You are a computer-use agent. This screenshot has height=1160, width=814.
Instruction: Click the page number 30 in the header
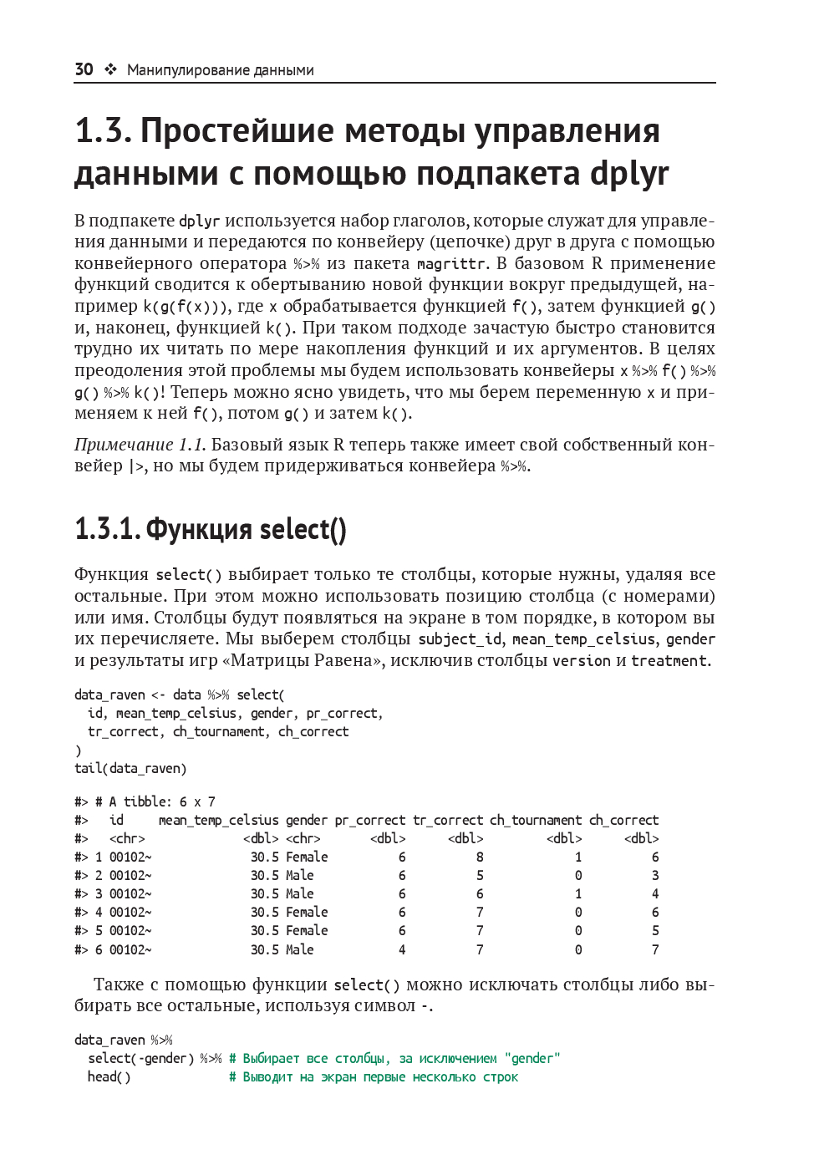point(84,69)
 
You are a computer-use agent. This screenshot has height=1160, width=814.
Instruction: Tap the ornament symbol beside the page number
point(110,69)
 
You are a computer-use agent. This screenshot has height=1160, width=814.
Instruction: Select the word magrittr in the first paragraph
point(451,264)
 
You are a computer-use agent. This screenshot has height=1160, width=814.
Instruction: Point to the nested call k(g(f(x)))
point(182,307)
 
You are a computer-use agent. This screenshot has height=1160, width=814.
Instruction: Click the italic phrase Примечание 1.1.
point(140,445)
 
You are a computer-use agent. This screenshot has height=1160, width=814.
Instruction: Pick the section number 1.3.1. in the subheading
point(107,529)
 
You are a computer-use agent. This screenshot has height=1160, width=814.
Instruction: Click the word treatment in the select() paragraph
point(669,661)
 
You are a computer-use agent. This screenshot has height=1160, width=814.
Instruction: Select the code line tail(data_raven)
point(130,769)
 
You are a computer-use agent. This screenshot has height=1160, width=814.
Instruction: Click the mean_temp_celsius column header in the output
point(218,821)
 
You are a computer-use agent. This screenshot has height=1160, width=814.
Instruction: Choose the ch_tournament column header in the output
point(536,821)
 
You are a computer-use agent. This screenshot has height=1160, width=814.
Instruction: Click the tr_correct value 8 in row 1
point(480,857)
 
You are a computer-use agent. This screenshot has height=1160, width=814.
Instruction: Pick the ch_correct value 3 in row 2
point(655,876)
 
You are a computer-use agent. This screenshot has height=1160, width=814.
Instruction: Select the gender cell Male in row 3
point(300,894)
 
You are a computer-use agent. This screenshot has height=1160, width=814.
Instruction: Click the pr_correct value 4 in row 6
point(402,950)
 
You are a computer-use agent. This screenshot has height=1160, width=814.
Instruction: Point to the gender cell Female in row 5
point(307,931)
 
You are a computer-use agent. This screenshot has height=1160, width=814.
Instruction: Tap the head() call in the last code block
point(109,1077)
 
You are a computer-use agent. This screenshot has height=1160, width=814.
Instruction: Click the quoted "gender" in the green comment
point(532,1059)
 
